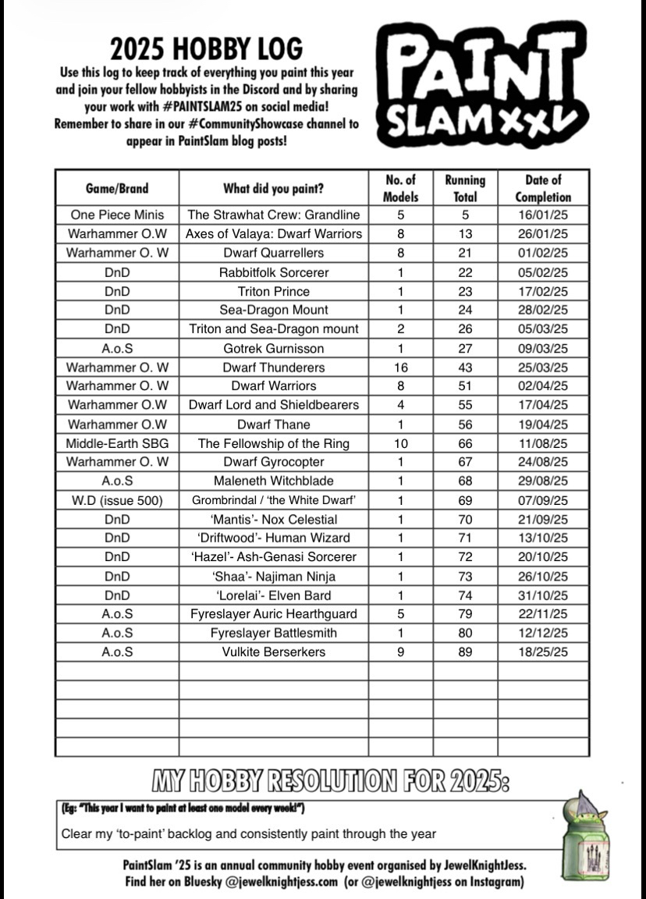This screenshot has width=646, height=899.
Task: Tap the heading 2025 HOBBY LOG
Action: pyautogui.click(x=206, y=48)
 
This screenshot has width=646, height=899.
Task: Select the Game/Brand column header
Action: pyautogui.click(x=117, y=188)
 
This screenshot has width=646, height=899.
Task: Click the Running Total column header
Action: pyautogui.click(x=465, y=188)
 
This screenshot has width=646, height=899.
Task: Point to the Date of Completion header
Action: pyautogui.click(x=543, y=188)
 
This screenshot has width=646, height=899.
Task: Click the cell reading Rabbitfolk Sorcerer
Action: pyautogui.click(x=274, y=272)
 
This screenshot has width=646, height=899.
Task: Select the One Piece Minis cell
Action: pyautogui.click(x=117, y=215)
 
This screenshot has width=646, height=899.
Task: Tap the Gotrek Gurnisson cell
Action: pyautogui.click(x=274, y=348)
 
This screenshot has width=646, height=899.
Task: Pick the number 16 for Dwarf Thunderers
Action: pyautogui.click(x=401, y=367)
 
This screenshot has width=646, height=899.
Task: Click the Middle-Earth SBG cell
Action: pyautogui.click(x=117, y=443)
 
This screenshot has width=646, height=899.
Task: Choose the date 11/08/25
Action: pyautogui.click(x=543, y=443)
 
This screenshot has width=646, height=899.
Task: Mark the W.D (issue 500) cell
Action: pyautogui.click(x=117, y=500)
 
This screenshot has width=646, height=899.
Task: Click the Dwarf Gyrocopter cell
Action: pyautogui.click(x=274, y=462)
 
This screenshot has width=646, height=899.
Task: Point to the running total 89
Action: pyautogui.click(x=465, y=652)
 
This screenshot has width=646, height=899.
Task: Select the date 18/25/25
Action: pyautogui.click(x=543, y=652)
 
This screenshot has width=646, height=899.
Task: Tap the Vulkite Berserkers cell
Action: pyautogui.click(x=274, y=652)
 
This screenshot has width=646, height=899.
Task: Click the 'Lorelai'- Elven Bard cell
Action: pyautogui.click(x=274, y=595)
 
